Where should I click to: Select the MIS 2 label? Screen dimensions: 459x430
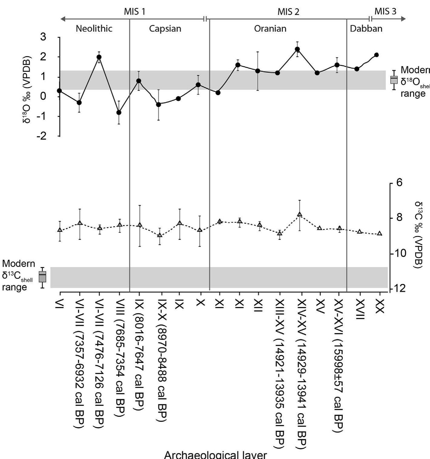click(288, 12)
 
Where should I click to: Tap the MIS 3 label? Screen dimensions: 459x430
click(385, 11)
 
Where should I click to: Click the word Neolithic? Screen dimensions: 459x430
click(94, 29)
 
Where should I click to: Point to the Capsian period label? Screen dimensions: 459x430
click(165, 29)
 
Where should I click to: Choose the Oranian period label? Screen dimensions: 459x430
click(270, 29)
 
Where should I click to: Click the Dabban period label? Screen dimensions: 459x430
click(366, 29)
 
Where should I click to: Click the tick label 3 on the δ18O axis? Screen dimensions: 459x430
click(43, 37)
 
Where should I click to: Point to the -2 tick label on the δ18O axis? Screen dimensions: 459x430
click(42, 136)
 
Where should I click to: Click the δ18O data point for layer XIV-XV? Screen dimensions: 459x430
click(298, 49)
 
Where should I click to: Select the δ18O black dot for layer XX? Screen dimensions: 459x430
click(377, 55)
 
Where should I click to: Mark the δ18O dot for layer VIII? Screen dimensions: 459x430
click(119, 112)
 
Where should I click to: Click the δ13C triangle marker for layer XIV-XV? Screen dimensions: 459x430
click(300, 214)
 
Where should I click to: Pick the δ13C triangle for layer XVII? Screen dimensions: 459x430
click(360, 231)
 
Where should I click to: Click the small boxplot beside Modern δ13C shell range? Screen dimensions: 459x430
click(43, 277)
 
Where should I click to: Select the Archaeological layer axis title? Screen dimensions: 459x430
click(215, 455)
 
